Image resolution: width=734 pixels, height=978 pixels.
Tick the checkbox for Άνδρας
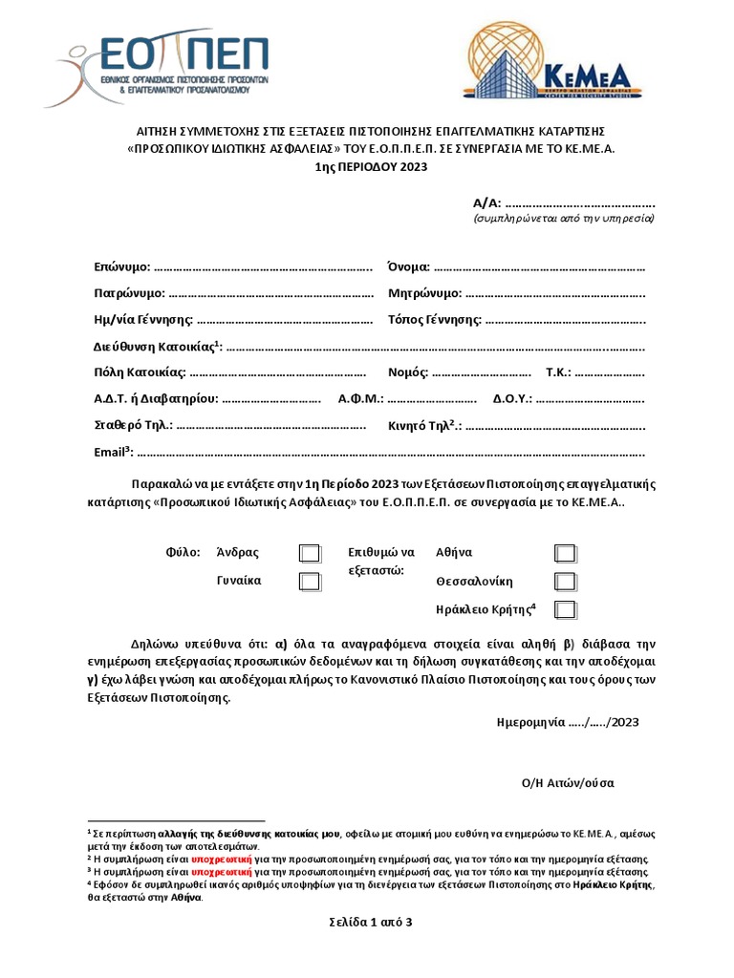tap(309, 553)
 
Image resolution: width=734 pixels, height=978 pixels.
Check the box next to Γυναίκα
tap(309, 581)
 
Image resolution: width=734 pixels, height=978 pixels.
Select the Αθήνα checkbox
tap(565, 553)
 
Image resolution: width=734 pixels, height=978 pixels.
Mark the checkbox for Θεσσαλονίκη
tap(565, 581)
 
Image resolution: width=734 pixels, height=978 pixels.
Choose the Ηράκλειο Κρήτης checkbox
tap(565, 609)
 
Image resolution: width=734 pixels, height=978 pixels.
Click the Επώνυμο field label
tap(121, 266)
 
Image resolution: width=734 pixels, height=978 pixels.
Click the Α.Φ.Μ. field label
tap(360, 398)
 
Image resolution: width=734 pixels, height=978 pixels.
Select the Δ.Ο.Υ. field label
tap(512, 398)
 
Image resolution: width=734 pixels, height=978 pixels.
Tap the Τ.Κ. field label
tap(557, 372)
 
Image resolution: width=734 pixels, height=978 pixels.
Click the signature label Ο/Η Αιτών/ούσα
tap(568, 782)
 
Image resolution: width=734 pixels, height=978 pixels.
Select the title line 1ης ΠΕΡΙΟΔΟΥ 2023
tap(366, 166)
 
